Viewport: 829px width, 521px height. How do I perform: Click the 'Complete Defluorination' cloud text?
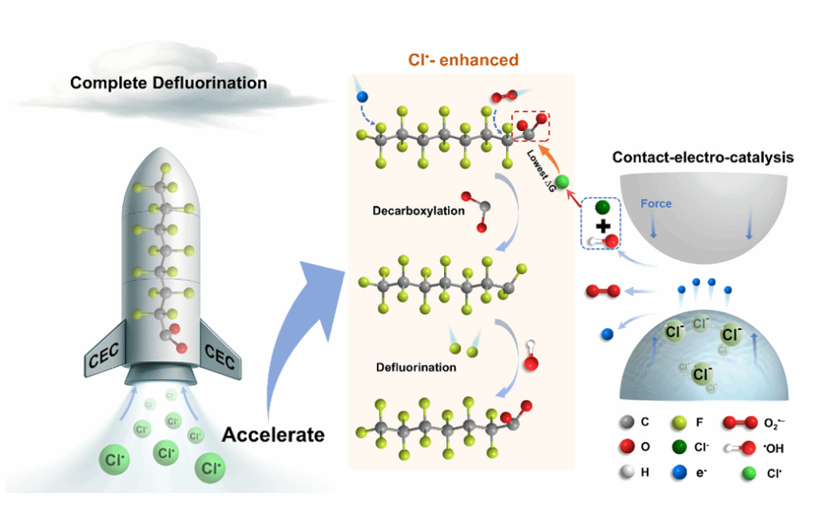(168, 83)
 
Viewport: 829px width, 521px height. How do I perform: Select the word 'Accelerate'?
(273, 435)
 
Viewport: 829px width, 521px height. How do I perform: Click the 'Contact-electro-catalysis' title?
(703, 157)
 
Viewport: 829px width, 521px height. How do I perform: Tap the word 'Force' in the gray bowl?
(656, 204)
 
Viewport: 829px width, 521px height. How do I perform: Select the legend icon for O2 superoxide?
(737, 423)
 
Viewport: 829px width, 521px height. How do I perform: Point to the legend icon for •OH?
(738, 448)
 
